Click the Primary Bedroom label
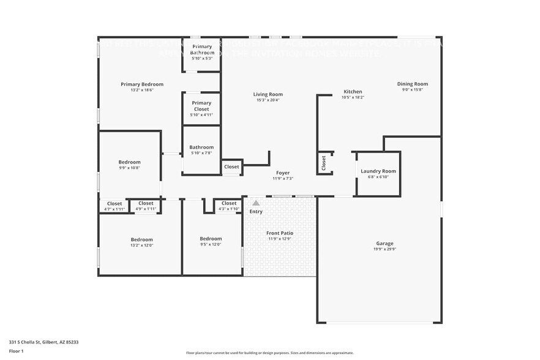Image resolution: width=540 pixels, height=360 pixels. coord(142,84)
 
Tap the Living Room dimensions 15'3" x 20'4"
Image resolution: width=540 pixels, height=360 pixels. coord(268,100)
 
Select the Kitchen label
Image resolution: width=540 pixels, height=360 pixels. coord(353,91)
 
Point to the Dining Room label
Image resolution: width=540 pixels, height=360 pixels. coord(413,84)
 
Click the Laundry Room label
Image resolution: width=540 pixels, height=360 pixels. coord(378,171)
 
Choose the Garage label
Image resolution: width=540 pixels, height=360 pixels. coord(384,243)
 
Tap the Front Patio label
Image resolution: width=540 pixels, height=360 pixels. coord(279,233)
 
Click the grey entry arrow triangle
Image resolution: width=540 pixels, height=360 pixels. coord(256,203)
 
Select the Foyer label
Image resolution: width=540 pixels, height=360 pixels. coord(283,173)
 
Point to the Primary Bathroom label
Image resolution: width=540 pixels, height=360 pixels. coord(201,50)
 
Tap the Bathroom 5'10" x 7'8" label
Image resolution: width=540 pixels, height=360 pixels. coord(201,147)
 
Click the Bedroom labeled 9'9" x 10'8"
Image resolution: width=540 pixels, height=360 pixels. coord(129,162)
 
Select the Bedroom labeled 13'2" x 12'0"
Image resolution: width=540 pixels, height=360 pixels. coord(141,239)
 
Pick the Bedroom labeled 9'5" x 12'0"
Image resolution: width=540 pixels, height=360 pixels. coord(211,239)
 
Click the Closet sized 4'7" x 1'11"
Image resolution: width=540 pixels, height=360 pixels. coord(114,204)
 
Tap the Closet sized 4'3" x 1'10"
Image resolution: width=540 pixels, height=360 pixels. coord(229,203)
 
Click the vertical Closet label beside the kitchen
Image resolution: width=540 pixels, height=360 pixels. coord(324,162)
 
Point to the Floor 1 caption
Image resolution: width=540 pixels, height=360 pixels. coord(16,351)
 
